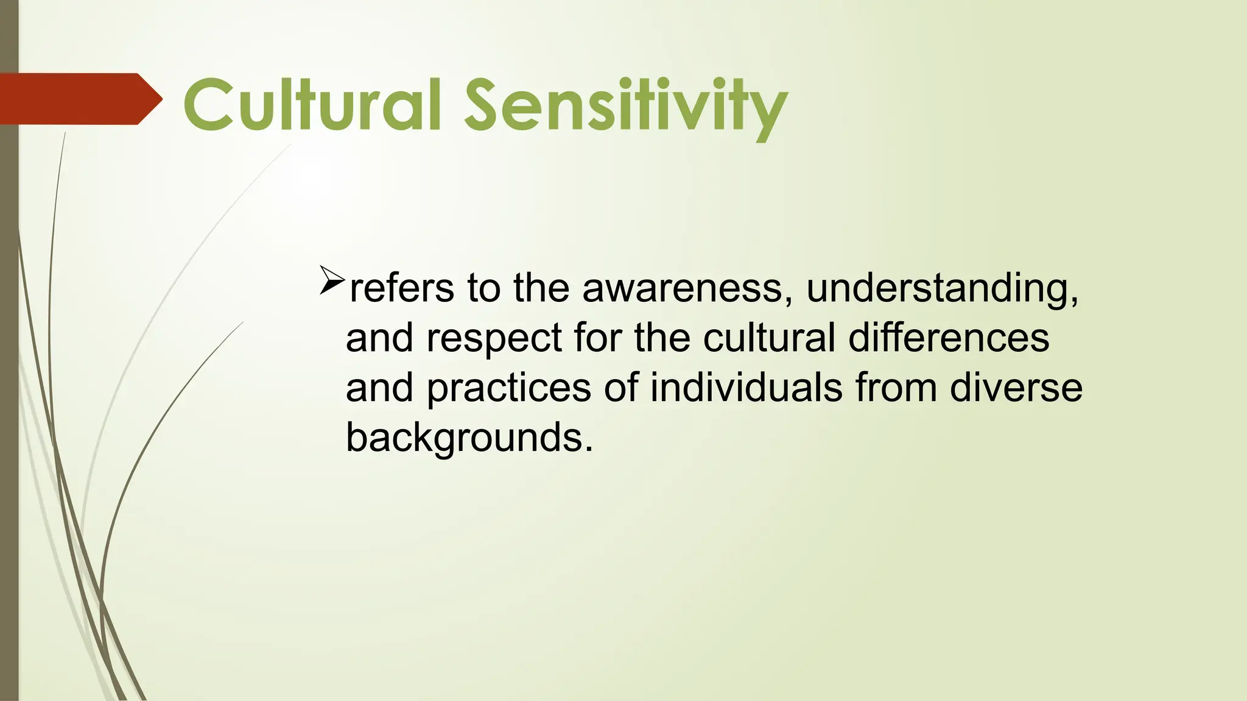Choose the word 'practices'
click(x=509, y=388)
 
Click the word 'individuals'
click(x=746, y=388)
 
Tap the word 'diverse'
click(x=1016, y=388)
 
